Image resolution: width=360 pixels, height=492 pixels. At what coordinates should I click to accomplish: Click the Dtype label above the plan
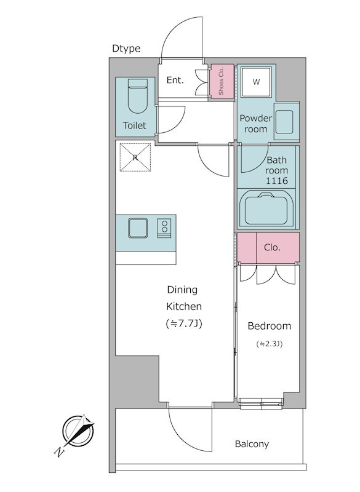[x=126, y=49]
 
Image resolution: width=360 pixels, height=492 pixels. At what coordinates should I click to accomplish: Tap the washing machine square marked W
[x=256, y=82]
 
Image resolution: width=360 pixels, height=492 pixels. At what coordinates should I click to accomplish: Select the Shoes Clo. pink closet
[x=222, y=81]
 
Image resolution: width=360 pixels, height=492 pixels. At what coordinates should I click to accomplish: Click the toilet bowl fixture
[x=137, y=96]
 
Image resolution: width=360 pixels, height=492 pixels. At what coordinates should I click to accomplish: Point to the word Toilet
[x=134, y=125]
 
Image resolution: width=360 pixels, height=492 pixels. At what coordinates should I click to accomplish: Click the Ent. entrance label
[x=175, y=81]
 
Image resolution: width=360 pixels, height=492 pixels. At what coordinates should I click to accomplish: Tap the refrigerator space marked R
[x=135, y=157]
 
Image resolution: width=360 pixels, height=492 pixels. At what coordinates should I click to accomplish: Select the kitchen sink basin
[x=138, y=228]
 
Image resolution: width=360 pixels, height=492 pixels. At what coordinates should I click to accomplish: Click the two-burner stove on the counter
[x=164, y=228]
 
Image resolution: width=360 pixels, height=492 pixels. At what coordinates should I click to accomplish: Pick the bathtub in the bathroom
[x=266, y=209]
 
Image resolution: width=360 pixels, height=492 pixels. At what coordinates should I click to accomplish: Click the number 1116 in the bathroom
[x=277, y=181]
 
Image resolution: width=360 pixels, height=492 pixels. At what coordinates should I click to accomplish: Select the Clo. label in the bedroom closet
[x=272, y=248]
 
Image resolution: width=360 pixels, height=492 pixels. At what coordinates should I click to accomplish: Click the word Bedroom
[x=270, y=326]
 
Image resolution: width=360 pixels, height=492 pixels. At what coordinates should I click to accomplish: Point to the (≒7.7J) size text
[x=183, y=323]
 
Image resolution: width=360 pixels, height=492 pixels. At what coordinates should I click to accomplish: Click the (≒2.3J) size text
[x=270, y=344]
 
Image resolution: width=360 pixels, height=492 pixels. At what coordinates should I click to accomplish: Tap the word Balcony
[x=252, y=444]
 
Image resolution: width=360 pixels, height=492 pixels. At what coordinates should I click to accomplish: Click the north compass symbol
[x=78, y=431]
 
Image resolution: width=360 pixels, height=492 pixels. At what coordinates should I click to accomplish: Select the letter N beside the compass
[x=58, y=451]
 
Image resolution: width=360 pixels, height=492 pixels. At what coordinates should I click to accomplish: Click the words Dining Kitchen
[x=183, y=298]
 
